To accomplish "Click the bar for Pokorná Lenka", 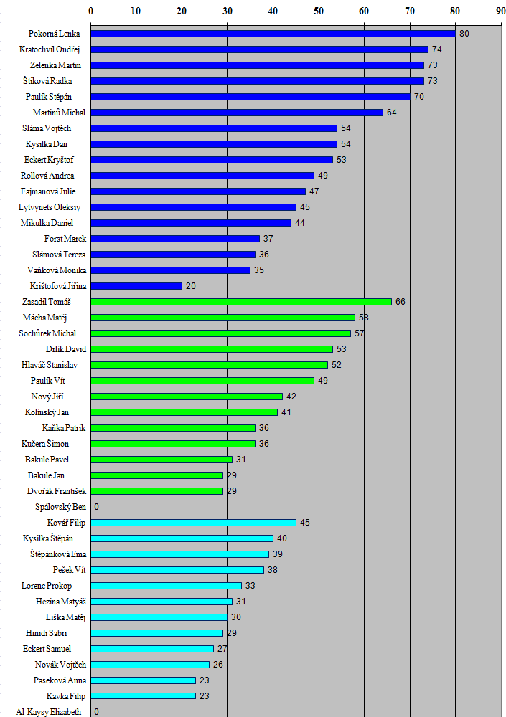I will [x=273, y=34].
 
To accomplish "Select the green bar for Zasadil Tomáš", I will [x=241, y=302].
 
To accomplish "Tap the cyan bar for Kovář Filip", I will [x=193, y=523].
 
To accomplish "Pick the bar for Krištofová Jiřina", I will [x=136, y=286].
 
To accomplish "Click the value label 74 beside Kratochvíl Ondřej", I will [x=436, y=49].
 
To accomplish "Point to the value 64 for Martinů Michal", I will [x=391, y=113].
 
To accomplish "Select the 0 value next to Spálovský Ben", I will [x=96, y=507].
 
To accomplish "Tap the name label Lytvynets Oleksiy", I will [x=50, y=207].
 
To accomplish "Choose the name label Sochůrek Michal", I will [x=47, y=333].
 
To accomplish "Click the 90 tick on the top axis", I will [x=500, y=11].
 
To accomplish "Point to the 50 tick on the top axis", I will [x=319, y=11].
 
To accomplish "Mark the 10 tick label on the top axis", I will [x=136, y=11].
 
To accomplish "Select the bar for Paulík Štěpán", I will [x=250, y=97].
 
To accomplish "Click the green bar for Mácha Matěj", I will [x=222, y=318].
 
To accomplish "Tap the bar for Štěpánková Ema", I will [x=179, y=554].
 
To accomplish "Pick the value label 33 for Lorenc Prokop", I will [x=250, y=586].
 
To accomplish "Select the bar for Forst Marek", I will [x=175, y=239].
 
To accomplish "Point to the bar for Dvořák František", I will [x=156, y=491].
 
